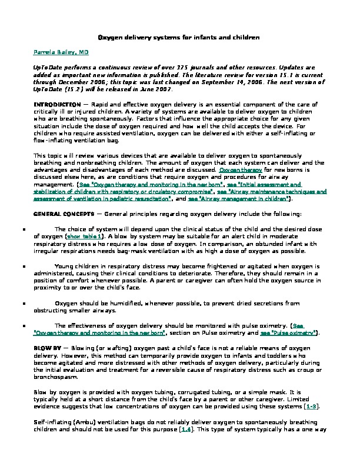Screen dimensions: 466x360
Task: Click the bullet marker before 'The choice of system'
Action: [x=23, y=229]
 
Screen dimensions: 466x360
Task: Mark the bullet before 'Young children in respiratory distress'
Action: [x=23, y=266]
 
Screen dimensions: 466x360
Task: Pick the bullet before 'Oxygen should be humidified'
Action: [x=23, y=304]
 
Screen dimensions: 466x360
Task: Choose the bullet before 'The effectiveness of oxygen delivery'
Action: [x=23, y=325]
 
